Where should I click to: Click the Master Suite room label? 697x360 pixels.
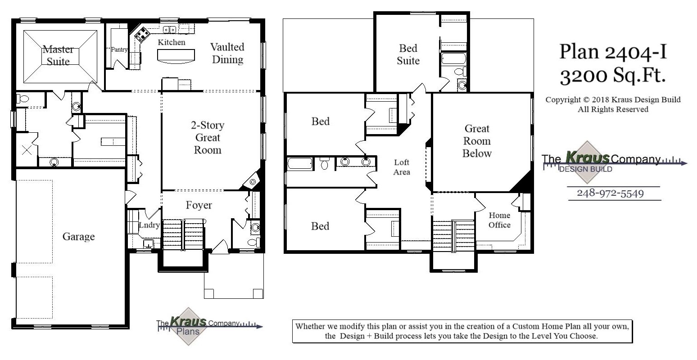(x=58, y=55)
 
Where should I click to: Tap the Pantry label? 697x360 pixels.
(x=119, y=49)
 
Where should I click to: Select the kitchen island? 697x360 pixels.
(x=177, y=55)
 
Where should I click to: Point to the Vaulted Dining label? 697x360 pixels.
(x=227, y=53)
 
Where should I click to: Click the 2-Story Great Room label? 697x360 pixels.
(x=207, y=137)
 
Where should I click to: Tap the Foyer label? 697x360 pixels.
(x=199, y=205)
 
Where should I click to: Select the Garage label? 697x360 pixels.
(x=78, y=236)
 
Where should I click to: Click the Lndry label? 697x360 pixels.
(x=149, y=225)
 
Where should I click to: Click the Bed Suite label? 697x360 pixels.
(x=408, y=54)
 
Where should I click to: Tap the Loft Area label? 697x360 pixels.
(x=402, y=167)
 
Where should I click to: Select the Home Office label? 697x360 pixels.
(x=499, y=220)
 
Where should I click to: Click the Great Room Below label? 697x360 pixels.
(x=477, y=141)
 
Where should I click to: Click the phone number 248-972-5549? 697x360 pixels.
(x=610, y=193)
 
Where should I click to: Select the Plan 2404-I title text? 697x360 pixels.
(x=613, y=52)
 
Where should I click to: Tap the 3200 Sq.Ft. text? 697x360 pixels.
(x=613, y=76)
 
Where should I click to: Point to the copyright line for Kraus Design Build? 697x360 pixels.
(x=613, y=100)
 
